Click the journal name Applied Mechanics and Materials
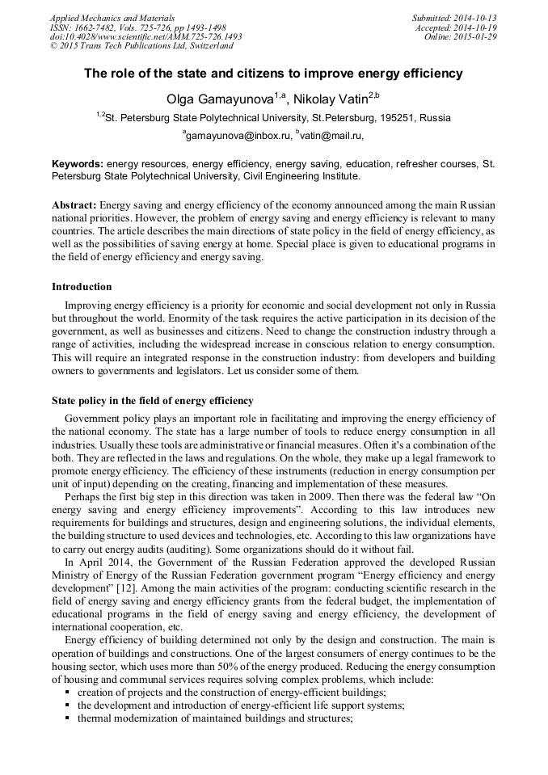(112, 17)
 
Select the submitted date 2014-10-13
(477, 17)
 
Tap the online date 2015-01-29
(477, 36)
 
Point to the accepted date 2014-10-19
(477, 27)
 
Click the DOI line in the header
(145, 36)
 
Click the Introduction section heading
(82, 287)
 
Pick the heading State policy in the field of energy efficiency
(153, 401)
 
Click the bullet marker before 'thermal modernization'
(67, 718)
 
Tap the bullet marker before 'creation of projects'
(67, 693)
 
